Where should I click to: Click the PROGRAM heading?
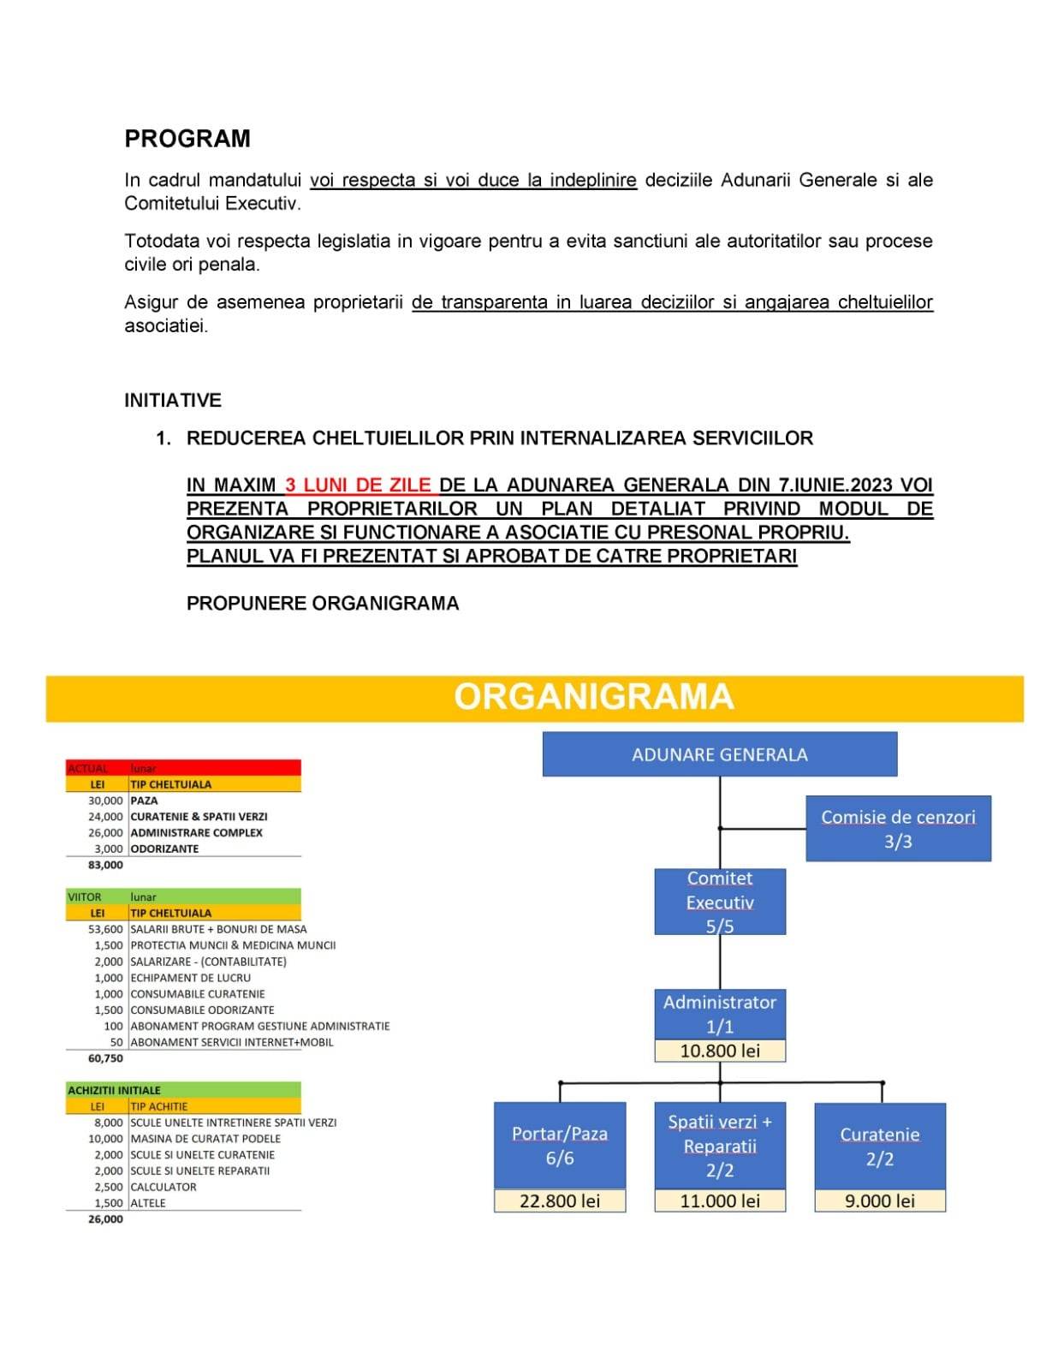[187, 139]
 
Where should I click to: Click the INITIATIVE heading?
[173, 400]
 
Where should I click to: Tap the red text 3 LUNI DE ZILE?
[358, 485]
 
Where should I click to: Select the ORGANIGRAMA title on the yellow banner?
[593, 697]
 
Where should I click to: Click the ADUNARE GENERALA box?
[719, 754]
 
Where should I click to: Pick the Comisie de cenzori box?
[898, 829]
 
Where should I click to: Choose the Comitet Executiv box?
[719, 902]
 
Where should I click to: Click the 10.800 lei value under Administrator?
[719, 1051]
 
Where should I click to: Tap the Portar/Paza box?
[560, 1146]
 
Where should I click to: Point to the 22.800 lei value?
[560, 1201]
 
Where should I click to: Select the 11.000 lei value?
[719, 1201]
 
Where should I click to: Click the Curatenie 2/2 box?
[880, 1146]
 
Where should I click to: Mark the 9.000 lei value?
[880, 1201]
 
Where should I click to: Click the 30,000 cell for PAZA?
[105, 801]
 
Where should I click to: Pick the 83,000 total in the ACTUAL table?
[105, 865]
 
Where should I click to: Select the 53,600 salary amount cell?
[105, 929]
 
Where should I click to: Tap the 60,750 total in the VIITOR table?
[105, 1058]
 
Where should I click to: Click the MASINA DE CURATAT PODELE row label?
[205, 1139]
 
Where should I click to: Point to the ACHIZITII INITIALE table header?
[115, 1090]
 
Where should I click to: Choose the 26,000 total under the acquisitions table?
[105, 1219]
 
